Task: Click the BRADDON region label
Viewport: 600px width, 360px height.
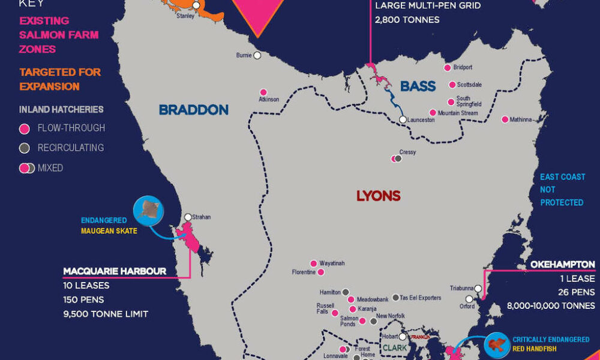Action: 193,110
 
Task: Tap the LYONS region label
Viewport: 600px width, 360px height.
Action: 378,196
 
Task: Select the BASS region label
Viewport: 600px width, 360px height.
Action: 418,87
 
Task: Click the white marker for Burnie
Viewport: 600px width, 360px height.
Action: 257,55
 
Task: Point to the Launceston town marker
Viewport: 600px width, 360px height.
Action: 403,120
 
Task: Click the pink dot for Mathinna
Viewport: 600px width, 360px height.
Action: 505,119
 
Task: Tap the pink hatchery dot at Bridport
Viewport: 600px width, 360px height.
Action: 447,68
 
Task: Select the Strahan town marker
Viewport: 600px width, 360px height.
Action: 188,217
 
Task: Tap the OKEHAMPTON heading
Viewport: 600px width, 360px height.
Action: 562,265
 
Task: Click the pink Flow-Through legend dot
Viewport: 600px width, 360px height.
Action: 25,128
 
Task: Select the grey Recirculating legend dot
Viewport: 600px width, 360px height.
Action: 25,148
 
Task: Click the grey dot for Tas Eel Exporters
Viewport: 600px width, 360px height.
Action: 395,298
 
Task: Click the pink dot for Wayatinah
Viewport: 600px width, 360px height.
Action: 313,263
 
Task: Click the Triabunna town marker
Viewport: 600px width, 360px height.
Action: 478,289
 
